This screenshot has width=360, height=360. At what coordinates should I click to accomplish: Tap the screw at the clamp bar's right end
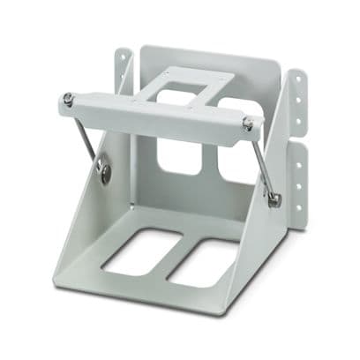[x=248, y=125]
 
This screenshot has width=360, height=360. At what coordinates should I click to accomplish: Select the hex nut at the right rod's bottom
[x=274, y=200]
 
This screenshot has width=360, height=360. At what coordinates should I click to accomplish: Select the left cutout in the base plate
[x=143, y=252]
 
